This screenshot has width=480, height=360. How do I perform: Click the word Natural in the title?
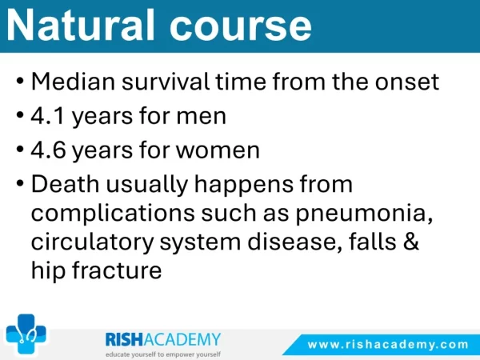pos(81,25)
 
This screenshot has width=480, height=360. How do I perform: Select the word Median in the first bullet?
pos(73,82)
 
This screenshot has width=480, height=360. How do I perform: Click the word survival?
pos(166,82)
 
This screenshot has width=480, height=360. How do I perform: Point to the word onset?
pos(407,82)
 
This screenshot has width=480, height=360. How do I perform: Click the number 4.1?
pos(47,116)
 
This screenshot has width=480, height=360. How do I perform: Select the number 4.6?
pos(48,150)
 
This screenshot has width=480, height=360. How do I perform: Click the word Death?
pos(66,184)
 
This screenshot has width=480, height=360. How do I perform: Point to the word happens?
pos(244,186)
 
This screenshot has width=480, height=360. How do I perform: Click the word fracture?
pos(117,270)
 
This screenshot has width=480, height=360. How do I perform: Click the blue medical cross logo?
pos(26,334)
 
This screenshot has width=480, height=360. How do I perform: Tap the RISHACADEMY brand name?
pos(163,339)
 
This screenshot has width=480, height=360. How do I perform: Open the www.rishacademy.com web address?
pos(388,345)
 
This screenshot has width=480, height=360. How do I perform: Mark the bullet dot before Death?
pos(20,184)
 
